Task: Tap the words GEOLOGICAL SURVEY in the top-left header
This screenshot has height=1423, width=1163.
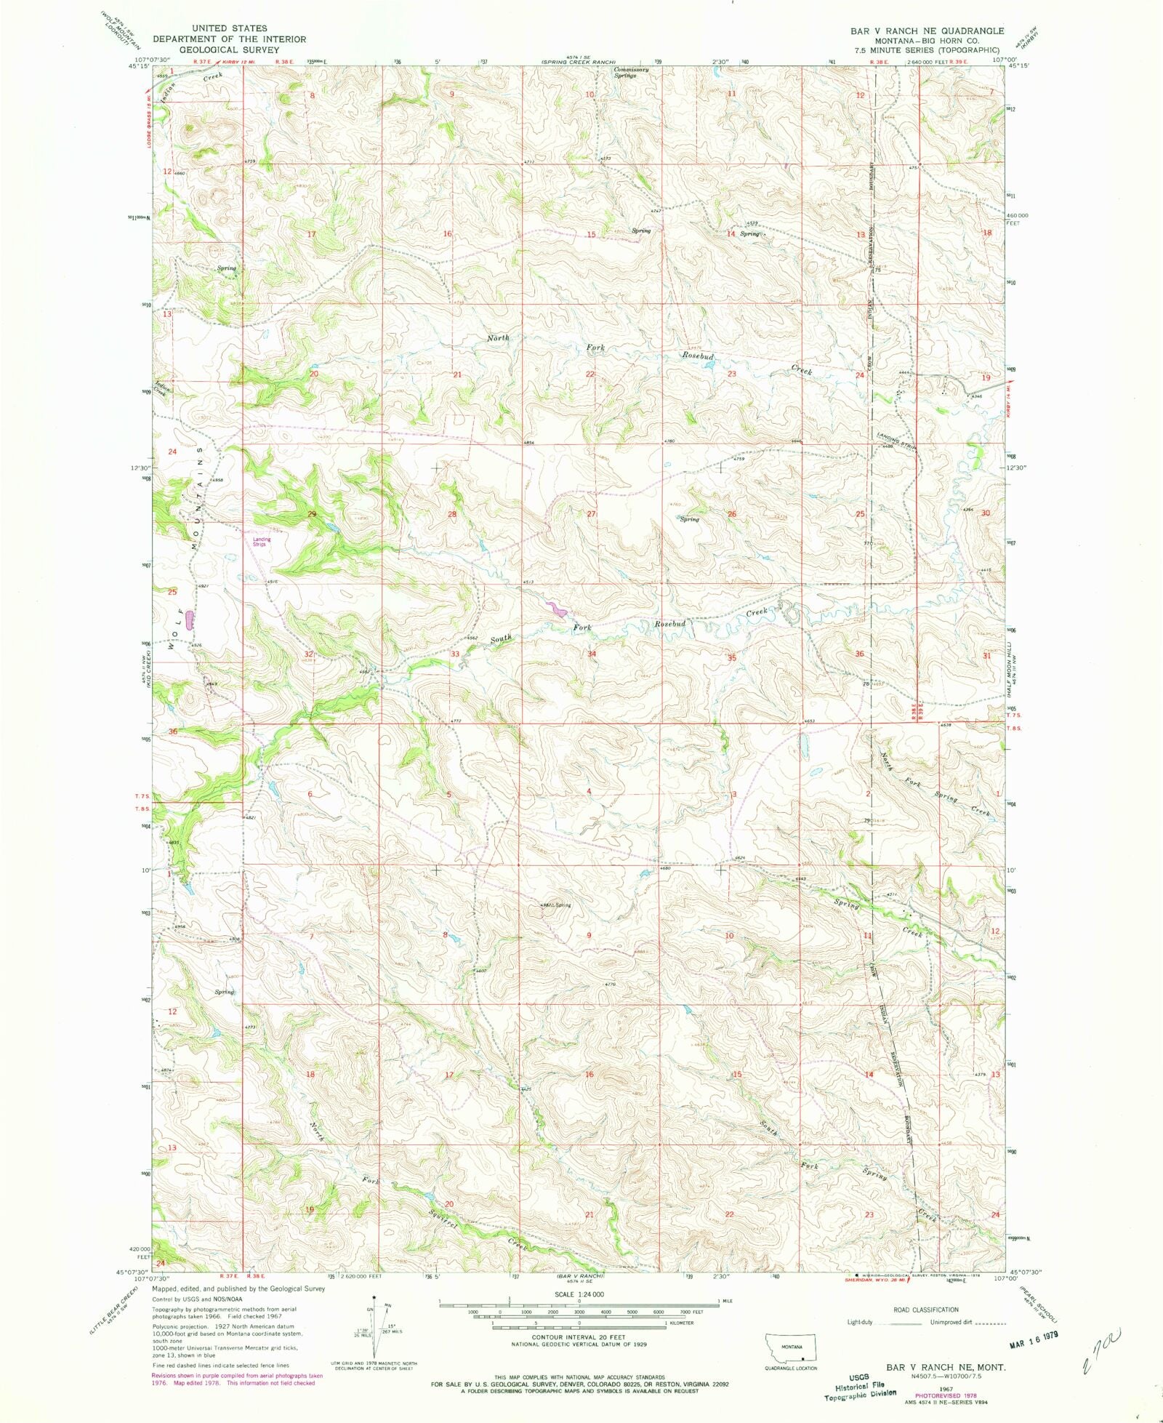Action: point(229,49)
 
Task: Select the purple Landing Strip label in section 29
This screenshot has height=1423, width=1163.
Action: point(261,542)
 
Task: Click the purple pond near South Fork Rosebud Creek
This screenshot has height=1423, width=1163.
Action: point(558,609)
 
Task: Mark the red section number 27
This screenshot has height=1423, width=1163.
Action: point(592,514)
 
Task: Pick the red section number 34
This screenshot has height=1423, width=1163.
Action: point(592,654)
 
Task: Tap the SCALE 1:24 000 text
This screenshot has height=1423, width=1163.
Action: point(579,1295)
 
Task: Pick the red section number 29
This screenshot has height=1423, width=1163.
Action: point(313,514)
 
